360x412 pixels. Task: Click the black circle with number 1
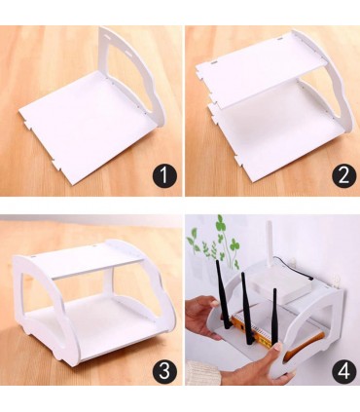coord(164,175)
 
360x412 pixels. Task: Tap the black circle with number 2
coord(343,175)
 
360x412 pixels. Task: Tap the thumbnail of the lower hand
coord(277,347)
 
